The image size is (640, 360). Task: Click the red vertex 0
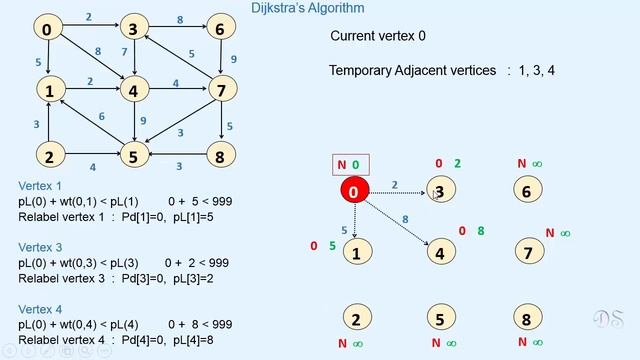click(355, 190)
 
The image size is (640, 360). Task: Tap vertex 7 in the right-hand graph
click(527, 252)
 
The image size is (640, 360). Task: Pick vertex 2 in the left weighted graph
click(47, 155)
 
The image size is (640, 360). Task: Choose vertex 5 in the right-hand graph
click(440, 320)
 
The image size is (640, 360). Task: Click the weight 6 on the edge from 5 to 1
click(101, 118)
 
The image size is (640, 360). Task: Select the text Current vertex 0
click(378, 36)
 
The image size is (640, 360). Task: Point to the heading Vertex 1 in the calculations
click(40, 186)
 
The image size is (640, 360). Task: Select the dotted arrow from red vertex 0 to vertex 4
click(398, 220)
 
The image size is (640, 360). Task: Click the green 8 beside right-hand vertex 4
click(481, 231)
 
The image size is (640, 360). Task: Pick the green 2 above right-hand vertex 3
click(458, 164)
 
